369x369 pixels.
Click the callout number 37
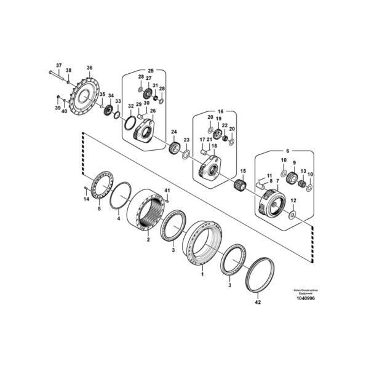59,65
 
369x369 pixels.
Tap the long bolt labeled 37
57,75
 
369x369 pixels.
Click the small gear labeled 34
108,110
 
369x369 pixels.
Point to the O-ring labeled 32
130,123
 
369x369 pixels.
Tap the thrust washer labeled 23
186,154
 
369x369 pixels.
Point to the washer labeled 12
293,215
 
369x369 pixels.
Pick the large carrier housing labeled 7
272,202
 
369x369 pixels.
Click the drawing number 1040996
306,298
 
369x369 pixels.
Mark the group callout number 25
151,70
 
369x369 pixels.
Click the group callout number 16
221,111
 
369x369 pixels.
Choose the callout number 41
167,190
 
